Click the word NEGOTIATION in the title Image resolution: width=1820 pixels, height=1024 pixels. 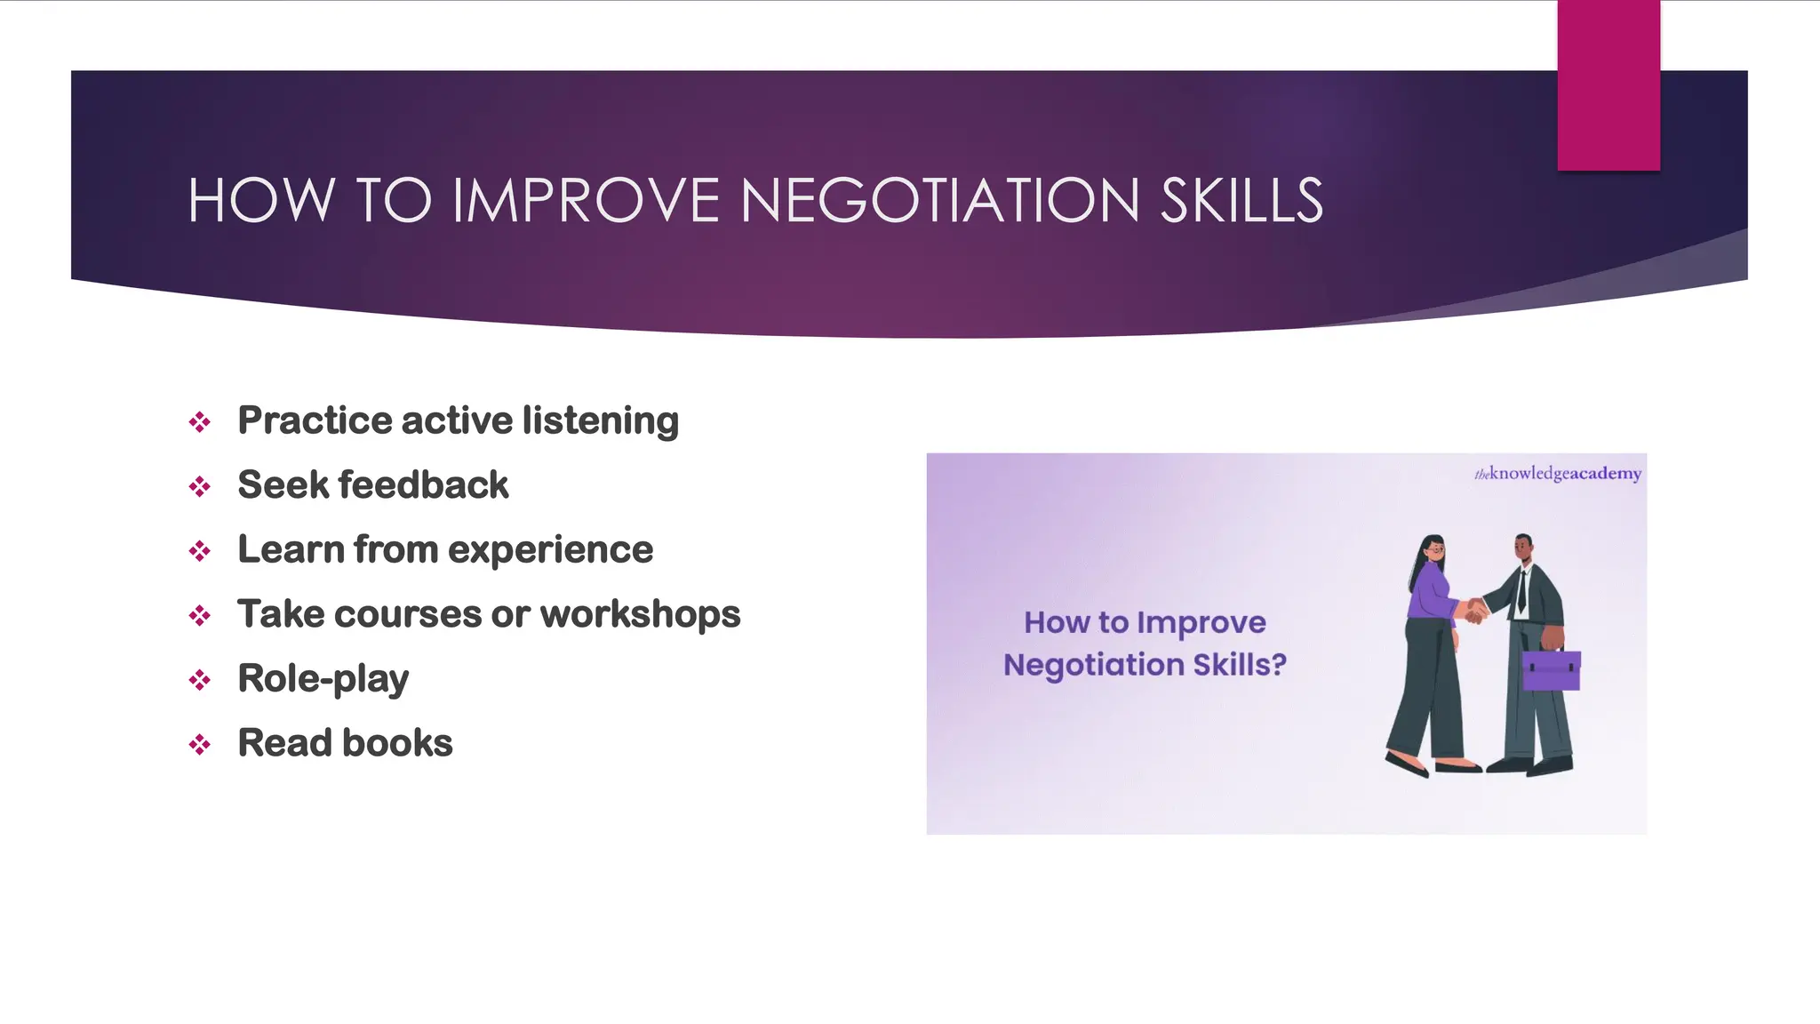[x=939, y=201]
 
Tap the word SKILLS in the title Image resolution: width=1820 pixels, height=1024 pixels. [x=1241, y=201]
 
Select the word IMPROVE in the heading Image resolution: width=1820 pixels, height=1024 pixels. [x=586, y=201]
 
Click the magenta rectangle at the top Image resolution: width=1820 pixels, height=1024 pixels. [x=1608, y=85]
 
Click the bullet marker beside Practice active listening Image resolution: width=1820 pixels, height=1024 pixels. [x=200, y=422]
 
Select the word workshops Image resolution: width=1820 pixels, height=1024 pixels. [x=640, y=614]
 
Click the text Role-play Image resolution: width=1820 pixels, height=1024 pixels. [x=323, y=679]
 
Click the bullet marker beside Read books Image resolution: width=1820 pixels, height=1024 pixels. [x=200, y=745]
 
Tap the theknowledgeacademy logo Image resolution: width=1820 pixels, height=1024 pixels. [x=1557, y=474]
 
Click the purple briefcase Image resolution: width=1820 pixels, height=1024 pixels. [x=1551, y=670]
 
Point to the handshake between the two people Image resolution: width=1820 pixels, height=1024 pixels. [x=1476, y=611]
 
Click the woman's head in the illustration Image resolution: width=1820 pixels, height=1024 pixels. [x=1433, y=549]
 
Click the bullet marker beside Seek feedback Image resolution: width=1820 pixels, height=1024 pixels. [x=200, y=487]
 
